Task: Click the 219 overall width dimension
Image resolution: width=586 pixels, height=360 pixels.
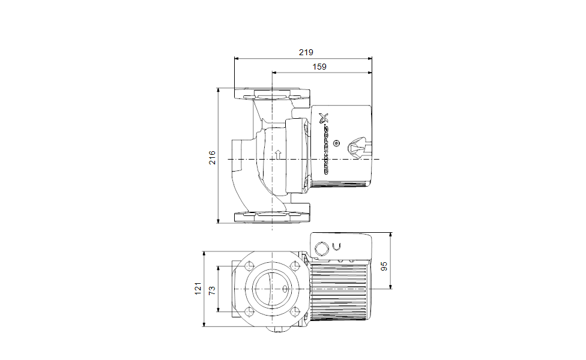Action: [x=306, y=52]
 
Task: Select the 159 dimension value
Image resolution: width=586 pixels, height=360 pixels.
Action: [x=319, y=67]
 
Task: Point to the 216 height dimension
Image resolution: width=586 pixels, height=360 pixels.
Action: [x=212, y=158]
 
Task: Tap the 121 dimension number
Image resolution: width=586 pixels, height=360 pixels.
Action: [x=198, y=289]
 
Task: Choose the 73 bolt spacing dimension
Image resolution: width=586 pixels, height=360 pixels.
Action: [x=212, y=290]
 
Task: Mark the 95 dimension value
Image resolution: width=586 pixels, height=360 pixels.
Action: [x=384, y=266]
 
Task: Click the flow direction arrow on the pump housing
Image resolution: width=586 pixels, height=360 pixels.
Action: [x=278, y=154]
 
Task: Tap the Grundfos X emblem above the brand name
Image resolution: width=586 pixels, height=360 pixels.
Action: [x=324, y=118]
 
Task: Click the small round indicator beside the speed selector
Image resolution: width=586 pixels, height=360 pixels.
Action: [x=336, y=143]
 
